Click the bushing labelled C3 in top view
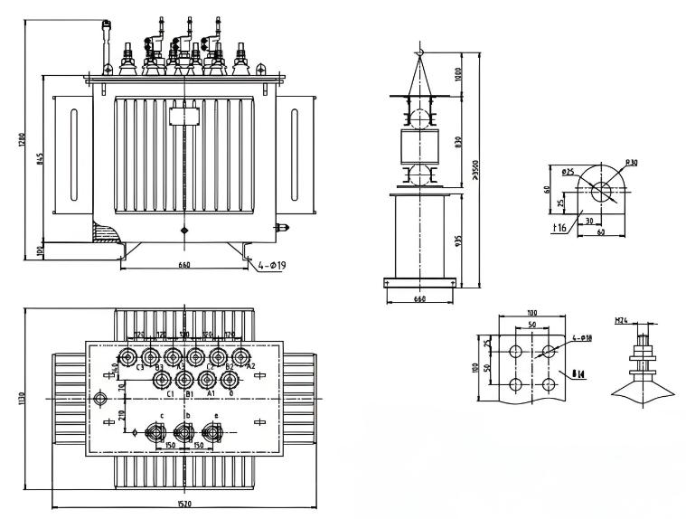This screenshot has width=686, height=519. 140,356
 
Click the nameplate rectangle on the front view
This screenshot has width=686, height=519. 183,116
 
